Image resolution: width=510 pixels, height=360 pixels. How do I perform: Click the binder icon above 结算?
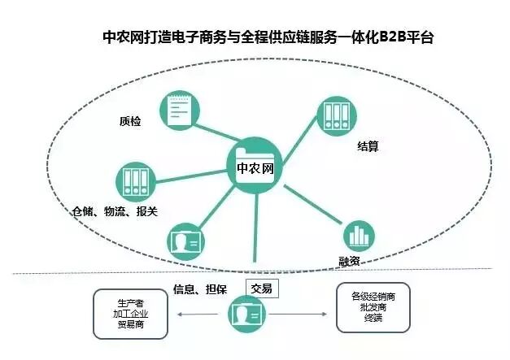[x=333, y=118]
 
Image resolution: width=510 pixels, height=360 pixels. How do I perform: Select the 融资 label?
[x=351, y=262]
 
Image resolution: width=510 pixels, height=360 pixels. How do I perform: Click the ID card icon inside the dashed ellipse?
[x=185, y=241]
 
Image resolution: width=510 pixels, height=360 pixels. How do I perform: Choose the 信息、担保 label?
[x=199, y=288]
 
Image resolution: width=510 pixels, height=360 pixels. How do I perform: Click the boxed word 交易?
[x=262, y=288]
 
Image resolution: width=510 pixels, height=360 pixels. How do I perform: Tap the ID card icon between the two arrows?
[x=248, y=314]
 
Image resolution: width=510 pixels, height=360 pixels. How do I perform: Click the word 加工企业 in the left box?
[x=131, y=313]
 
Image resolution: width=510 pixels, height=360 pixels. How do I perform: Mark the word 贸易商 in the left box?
[x=131, y=323]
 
